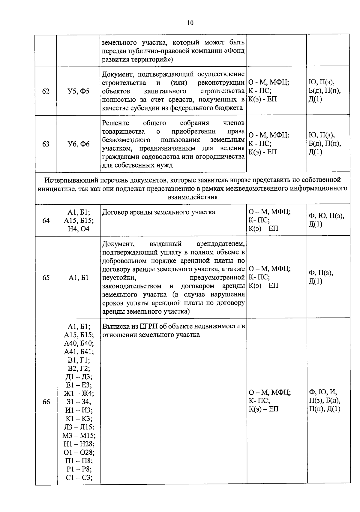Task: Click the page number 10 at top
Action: coord(190,23)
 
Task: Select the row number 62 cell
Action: coord(46,91)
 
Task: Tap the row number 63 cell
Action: coord(46,144)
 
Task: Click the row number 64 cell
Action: coord(46,221)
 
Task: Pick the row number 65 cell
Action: coord(46,278)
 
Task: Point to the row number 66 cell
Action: coord(46,402)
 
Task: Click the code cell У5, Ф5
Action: coord(79,91)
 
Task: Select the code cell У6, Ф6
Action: coord(79,144)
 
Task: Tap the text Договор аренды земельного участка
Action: coord(158,212)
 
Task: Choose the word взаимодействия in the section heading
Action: coord(192,197)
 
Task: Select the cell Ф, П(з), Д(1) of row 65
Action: coord(321,277)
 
